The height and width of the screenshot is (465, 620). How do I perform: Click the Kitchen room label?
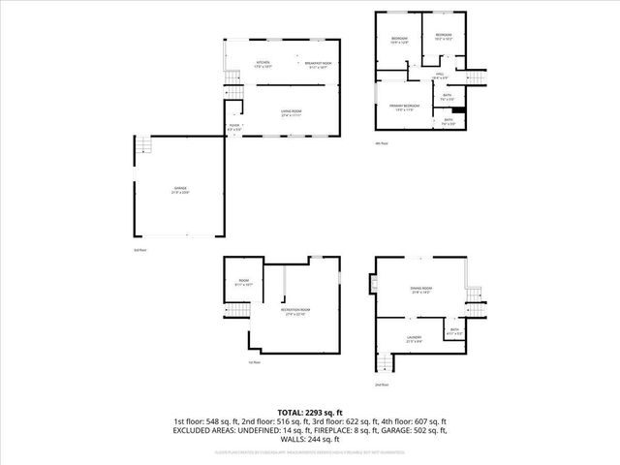(262, 64)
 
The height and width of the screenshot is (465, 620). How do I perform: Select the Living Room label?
(288, 112)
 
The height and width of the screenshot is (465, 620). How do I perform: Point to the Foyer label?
(234, 126)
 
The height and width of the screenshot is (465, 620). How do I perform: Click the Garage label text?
(180, 188)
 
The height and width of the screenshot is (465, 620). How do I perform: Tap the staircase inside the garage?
(143, 146)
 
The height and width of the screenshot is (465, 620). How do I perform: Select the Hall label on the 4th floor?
(439, 75)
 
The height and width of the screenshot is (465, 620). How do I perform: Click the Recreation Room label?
(294, 312)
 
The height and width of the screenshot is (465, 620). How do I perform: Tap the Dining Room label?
(420, 290)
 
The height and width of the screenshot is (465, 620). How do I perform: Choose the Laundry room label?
(414, 338)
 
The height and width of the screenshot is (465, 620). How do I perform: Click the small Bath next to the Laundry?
(454, 331)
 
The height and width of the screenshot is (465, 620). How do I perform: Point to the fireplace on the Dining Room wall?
(372, 284)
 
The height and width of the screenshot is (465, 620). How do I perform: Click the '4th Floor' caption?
(381, 143)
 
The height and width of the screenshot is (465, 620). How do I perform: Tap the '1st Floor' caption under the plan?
(255, 362)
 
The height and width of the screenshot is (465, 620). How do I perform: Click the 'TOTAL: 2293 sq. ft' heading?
(310, 413)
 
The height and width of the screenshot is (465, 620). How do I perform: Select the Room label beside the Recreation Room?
(243, 283)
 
